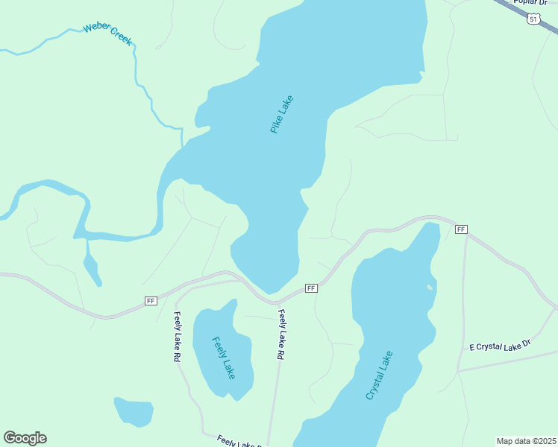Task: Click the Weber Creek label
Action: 107,34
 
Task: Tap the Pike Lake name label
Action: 282,114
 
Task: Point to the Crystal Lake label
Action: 379,375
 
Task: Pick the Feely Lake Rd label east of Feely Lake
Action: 281,335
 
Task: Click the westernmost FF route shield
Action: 151,300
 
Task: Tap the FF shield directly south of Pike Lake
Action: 311,288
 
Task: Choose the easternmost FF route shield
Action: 461,229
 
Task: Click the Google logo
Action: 25,437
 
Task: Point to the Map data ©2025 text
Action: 526,440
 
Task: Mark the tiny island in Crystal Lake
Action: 430,287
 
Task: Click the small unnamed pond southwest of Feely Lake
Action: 134,411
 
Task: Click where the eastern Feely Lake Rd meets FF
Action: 277,302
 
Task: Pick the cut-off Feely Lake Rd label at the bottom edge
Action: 239,442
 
